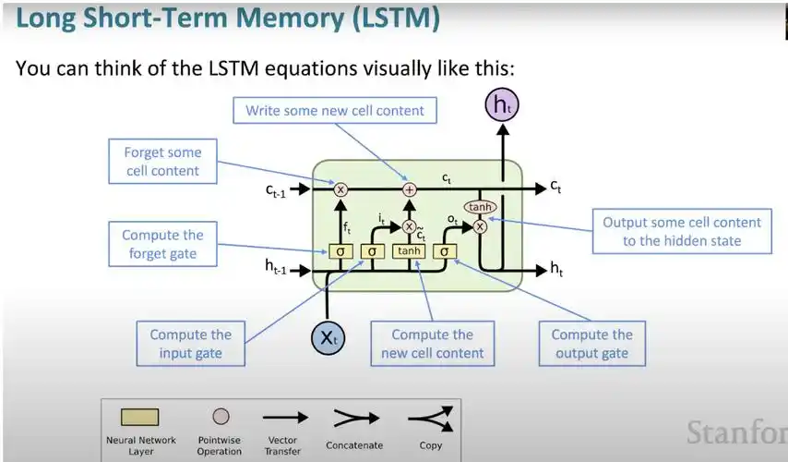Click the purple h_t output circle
coord(502,105)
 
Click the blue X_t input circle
coord(328,338)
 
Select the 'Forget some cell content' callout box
coord(162,162)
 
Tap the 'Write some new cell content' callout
coord(334,111)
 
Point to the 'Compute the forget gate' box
coord(162,244)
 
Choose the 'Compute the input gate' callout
coord(190,344)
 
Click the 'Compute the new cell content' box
coord(432,344)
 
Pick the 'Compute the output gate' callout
coord(591,344)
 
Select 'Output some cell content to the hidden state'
coord(682,231)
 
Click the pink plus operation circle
coord(411,189)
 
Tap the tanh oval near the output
coord(478,208)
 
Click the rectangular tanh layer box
coord(410,250)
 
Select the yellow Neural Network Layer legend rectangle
coord(140,418)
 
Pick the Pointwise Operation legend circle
coord(221,417)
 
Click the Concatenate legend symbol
coord(353,419)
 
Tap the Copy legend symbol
coord(430,419)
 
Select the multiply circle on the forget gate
coord(340,189)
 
